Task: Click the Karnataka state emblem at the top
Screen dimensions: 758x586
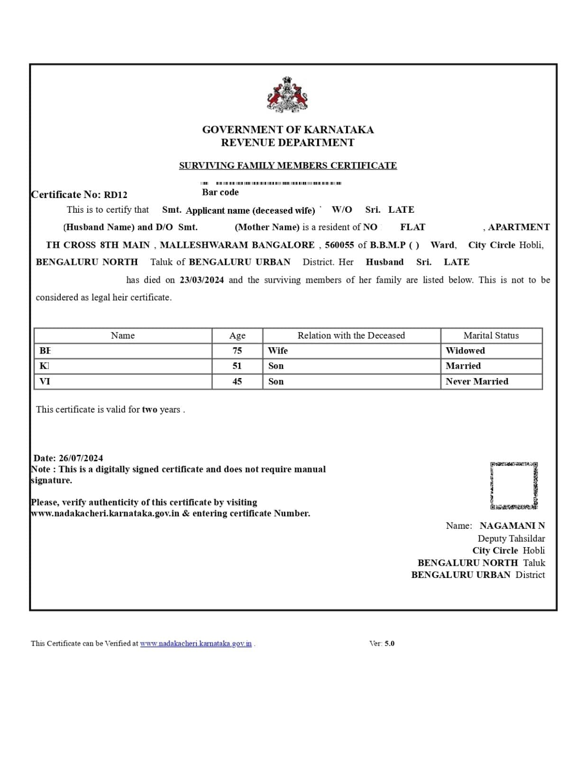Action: (287, 95)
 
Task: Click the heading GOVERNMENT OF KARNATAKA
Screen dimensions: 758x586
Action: (288, 130)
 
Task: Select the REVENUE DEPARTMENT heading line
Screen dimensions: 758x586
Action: (287, 143)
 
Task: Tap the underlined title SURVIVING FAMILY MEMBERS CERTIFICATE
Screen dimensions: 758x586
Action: (288, 166)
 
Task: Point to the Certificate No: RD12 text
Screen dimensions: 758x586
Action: (79, 195)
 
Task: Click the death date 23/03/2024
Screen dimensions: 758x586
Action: (201, 280)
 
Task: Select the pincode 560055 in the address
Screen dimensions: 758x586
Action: (339, 245)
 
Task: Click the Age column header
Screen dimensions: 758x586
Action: (237, 336)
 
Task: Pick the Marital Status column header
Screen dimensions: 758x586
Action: (491, 336)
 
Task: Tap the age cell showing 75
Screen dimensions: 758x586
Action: (237, 351)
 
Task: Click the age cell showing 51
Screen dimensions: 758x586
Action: (237, 366)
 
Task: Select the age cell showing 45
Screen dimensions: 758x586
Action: (237, 382)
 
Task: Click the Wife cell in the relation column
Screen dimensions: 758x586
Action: (278, 351)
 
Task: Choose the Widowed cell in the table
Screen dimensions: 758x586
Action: (465, 351)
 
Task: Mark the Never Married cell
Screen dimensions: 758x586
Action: (476, 382)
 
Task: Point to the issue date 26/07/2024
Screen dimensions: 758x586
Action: (81, 458)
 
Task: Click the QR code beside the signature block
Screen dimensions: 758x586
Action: (514, 486)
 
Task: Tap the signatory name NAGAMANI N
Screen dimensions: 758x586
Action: (512, 526)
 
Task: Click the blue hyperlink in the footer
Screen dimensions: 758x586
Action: (196, 644)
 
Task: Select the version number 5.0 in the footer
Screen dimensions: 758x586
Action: (389, 644)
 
